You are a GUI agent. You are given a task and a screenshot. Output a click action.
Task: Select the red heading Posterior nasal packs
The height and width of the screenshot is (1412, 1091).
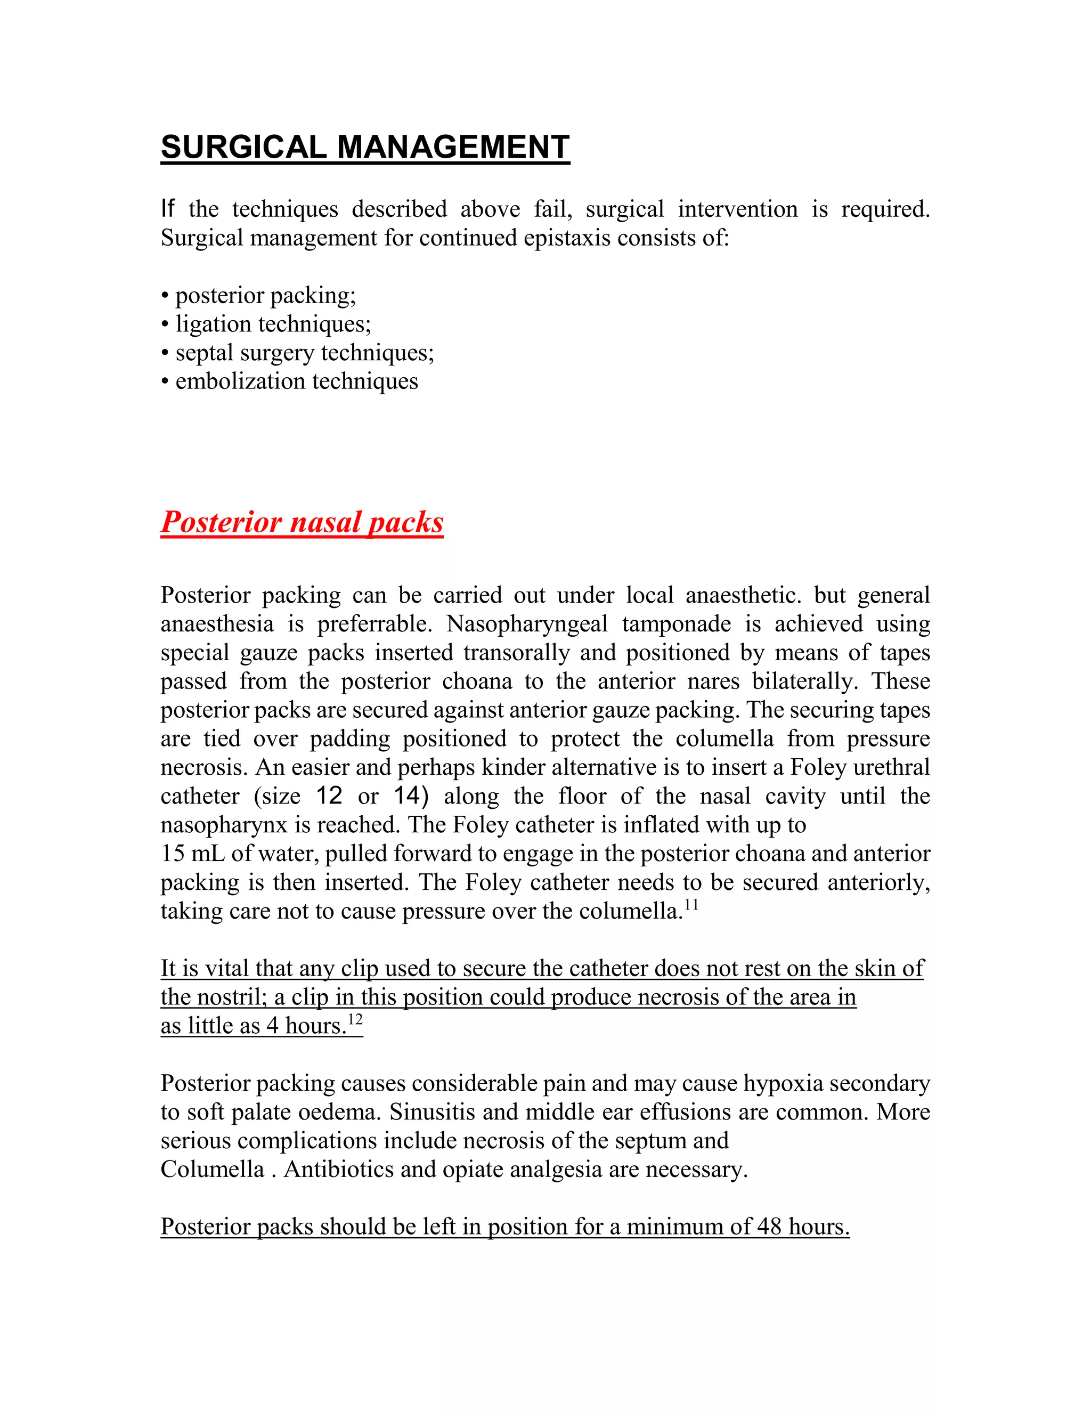click(x=302, y=522)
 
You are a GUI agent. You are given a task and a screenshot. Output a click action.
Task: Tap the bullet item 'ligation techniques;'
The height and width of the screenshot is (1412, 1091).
click(x=273, y=324)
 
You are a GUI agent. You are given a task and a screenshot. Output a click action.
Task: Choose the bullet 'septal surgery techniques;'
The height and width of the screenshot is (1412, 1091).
click(x=304, y=352)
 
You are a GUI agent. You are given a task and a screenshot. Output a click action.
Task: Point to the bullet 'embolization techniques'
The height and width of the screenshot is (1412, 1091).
click(x=297, y=382)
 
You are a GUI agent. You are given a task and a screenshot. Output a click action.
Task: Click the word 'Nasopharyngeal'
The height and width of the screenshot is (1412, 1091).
click(x=527, y=624)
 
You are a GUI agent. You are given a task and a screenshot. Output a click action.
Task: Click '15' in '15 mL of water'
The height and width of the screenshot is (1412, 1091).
click(x=173, y=854)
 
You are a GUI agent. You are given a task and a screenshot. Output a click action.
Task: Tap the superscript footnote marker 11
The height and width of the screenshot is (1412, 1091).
click(x=691, y=905)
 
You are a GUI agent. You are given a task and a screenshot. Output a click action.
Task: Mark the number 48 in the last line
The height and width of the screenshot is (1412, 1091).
click(x=769, y=1227)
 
